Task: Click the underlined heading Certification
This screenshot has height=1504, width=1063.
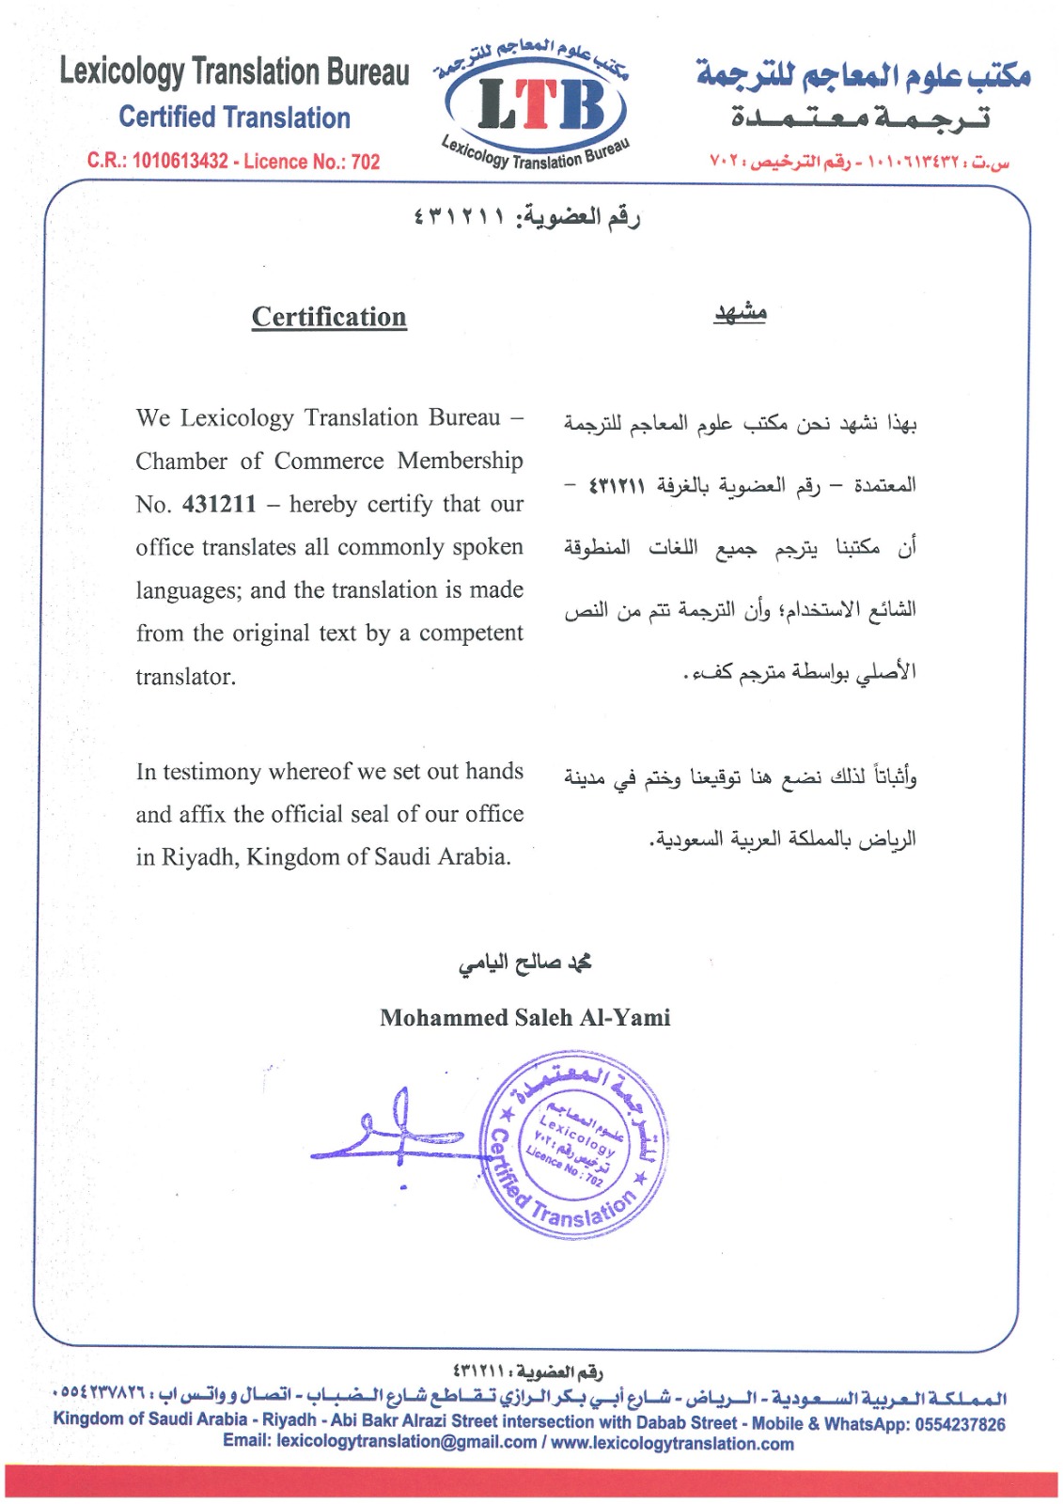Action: [329, 317]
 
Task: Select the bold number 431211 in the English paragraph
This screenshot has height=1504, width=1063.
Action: [219, 504]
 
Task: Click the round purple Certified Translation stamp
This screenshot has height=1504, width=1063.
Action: [574, 1142]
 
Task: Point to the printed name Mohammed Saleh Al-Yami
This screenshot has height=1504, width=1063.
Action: [524, 1017]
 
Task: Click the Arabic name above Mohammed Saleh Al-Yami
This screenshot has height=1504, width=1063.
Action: [524, 963]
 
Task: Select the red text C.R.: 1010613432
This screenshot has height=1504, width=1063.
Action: [158, 161]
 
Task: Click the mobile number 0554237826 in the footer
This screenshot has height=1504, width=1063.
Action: [960, 1424]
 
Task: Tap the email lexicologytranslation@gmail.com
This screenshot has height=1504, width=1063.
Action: [406, 1442]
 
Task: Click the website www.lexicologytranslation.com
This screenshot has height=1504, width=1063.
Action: [672, 1444]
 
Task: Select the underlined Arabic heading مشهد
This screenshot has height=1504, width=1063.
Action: [740, 312]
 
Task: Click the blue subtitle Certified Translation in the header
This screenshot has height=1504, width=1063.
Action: [234, 117]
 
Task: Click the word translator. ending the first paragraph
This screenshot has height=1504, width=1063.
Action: [185, 677]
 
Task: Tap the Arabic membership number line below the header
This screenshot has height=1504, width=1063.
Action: [526, 217]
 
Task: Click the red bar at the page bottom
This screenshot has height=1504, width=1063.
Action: [531, 1481]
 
